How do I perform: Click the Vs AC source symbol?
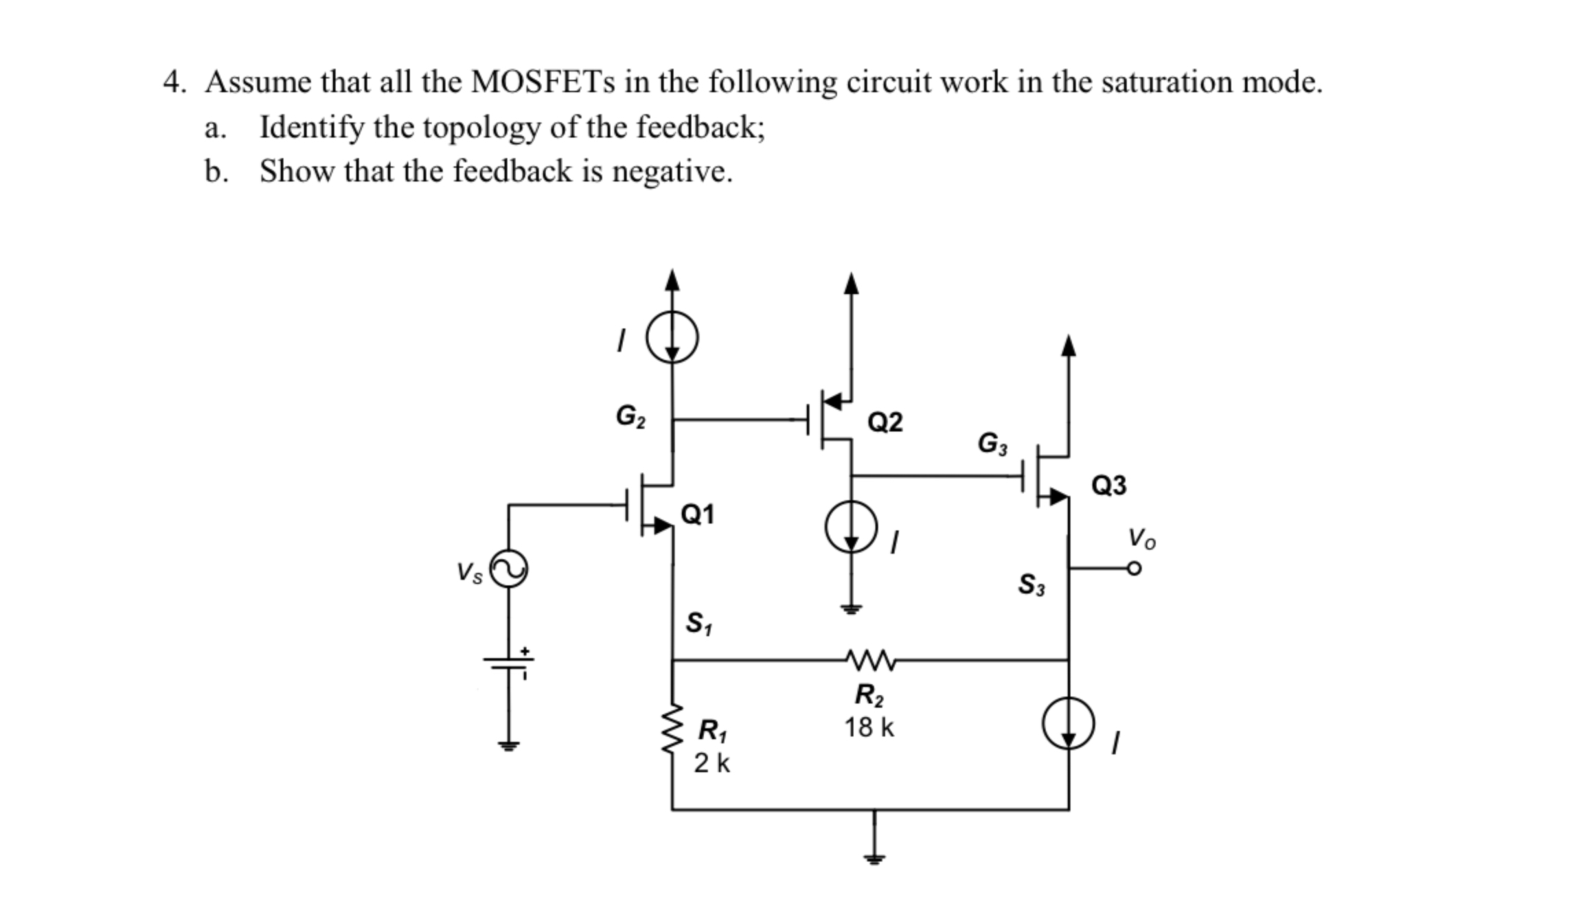[509, 569]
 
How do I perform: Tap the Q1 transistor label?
[697, 514]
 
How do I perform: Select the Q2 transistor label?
[885, 422]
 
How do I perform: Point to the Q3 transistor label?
[1108, 486]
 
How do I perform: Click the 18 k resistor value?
[869, 727]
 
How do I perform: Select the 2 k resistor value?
[711, 762]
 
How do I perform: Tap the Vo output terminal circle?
[1134, 569]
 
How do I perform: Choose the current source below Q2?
[852, 527]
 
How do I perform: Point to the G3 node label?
[992, 443]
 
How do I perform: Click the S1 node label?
[699, 623]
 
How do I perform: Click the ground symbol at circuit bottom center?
[874, 856]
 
